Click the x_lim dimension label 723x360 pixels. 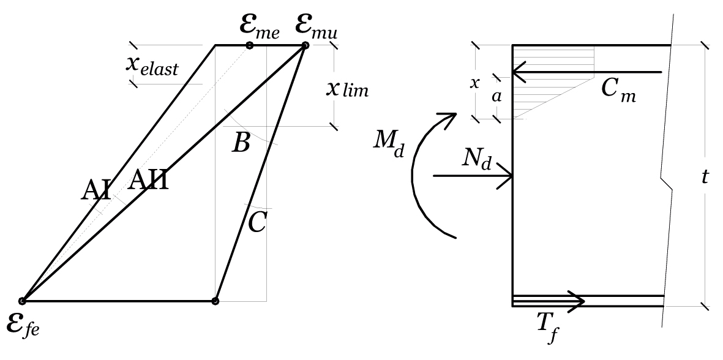click(x=347, y=88)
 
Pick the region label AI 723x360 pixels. click(x=96, y=190)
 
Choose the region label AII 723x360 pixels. click(x=148, y=179)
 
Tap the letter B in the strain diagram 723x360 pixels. click(x=241, y=143)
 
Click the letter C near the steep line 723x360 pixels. click(x=257, y=223)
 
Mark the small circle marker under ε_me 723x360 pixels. click(x=249, y=45)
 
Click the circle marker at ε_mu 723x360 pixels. click(x=305, y=45)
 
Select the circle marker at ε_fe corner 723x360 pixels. click(x=22, y=301)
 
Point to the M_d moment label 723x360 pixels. click(x=389, y=145)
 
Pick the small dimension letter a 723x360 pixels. click(x=496, y=97)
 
